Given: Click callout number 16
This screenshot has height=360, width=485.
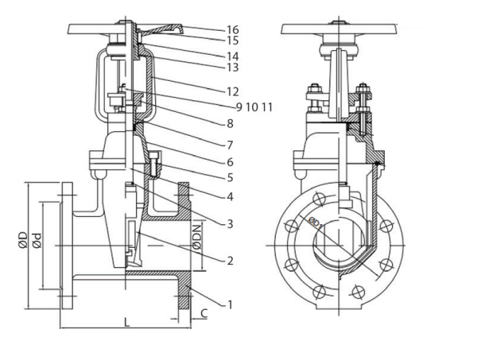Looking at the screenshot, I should point(232,30).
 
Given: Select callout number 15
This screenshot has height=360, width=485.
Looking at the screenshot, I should point(232,41).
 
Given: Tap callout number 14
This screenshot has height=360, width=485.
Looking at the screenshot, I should point(232,56).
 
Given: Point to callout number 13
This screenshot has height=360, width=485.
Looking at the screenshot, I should point(232,68).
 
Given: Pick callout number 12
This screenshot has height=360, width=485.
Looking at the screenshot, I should point(232,92).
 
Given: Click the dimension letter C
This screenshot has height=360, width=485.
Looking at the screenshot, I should point(204,313).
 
